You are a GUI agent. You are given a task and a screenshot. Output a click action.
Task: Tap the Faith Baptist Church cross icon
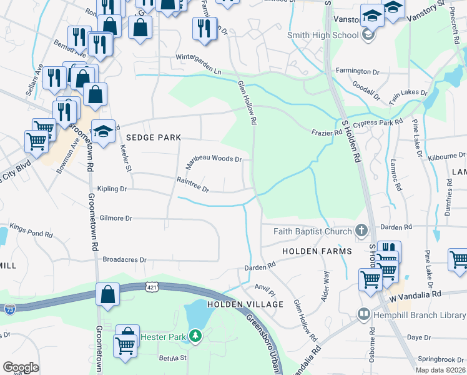361,231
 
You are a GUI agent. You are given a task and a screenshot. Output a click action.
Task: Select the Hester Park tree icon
196,336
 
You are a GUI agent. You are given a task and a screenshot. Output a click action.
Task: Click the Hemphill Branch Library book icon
363,314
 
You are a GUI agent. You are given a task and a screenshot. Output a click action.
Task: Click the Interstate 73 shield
9,309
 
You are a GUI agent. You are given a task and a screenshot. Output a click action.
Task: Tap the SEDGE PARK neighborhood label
153,137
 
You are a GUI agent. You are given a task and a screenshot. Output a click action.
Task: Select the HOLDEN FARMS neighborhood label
317,251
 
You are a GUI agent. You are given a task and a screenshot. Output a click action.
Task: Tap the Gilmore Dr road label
116,218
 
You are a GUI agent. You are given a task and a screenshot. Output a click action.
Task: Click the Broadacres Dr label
124,259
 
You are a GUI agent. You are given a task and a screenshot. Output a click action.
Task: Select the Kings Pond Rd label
31,234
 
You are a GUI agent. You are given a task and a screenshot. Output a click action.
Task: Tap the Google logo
21,367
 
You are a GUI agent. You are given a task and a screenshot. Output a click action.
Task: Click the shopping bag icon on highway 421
107,294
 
